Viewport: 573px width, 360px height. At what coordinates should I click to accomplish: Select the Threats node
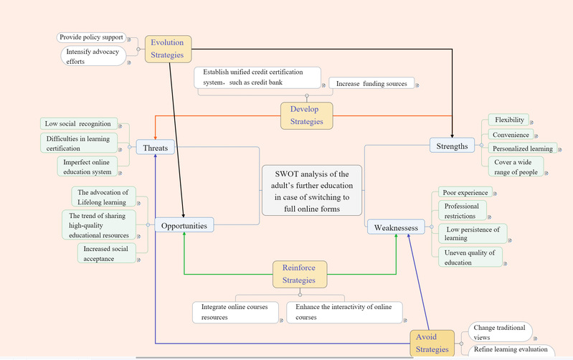point(156,148)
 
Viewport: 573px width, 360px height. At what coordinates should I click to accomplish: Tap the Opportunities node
point(184,226)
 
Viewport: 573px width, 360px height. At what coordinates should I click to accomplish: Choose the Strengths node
point(452,146)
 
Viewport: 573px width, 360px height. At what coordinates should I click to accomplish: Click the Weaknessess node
point(396,228)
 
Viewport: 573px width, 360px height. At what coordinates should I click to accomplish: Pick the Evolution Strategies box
point(167,49)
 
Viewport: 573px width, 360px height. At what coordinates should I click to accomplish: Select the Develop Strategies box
point(306,115)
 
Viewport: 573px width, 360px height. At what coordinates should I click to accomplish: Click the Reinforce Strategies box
point(299,273)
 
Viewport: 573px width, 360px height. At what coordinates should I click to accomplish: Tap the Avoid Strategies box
point(432,343)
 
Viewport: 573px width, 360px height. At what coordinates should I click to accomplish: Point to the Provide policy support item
point(91,37)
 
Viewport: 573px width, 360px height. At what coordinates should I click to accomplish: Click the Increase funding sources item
point(371,84)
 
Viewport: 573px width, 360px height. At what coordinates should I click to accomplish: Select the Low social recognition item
point(78,124)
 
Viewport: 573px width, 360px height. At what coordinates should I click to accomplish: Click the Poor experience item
point(465,193)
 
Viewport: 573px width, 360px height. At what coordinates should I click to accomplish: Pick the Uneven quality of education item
point(470,257)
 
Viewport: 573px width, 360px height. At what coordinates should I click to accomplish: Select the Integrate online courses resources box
point(234,312)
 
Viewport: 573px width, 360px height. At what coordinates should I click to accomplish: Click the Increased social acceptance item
point(106,253)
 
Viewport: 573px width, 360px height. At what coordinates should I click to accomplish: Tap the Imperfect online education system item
point(87,166)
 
